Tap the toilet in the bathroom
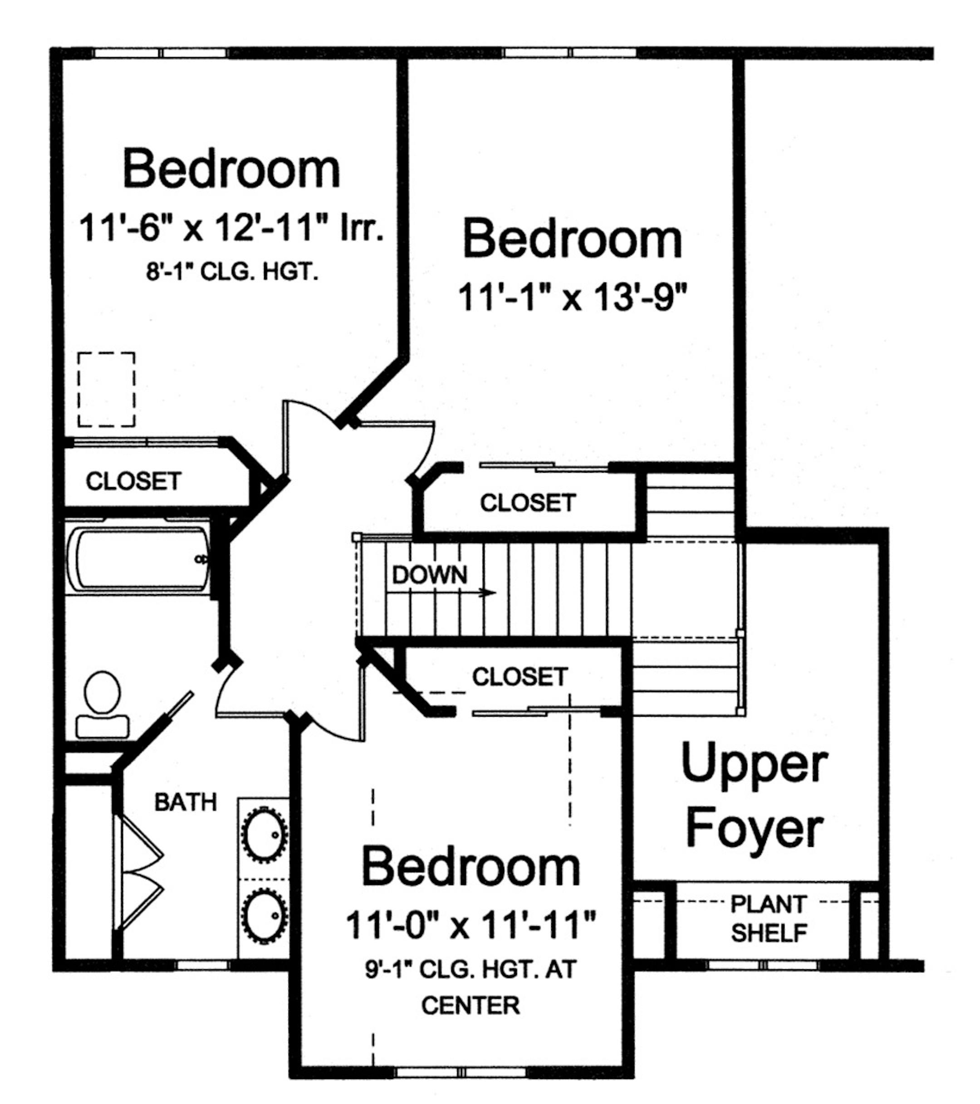(x=103, y=705)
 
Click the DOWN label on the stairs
(x=430, y=575)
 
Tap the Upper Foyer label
(x=754, y=796)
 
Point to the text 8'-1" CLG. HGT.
(x=232, y=272)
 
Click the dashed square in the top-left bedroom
(x=107, y=390)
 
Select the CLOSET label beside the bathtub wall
(x=133, y=481)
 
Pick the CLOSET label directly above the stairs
(x=528, y=503)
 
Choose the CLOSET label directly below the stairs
(x=519, y=677)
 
